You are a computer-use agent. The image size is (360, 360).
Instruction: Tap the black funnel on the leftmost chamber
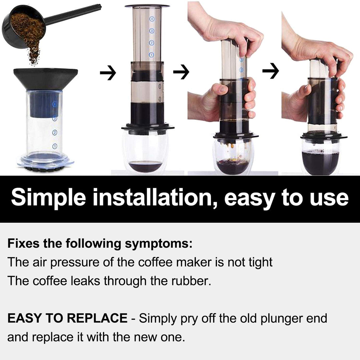click(x=46, y=78)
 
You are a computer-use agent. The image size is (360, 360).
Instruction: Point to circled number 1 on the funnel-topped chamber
click(x=55, y=146)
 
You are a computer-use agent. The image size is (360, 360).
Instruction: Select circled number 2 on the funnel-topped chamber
click(x=55, y=133)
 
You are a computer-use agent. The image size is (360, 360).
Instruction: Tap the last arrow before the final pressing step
click(x=270, y=71)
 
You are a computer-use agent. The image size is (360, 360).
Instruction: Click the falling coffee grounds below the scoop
click(x=33, y=55)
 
